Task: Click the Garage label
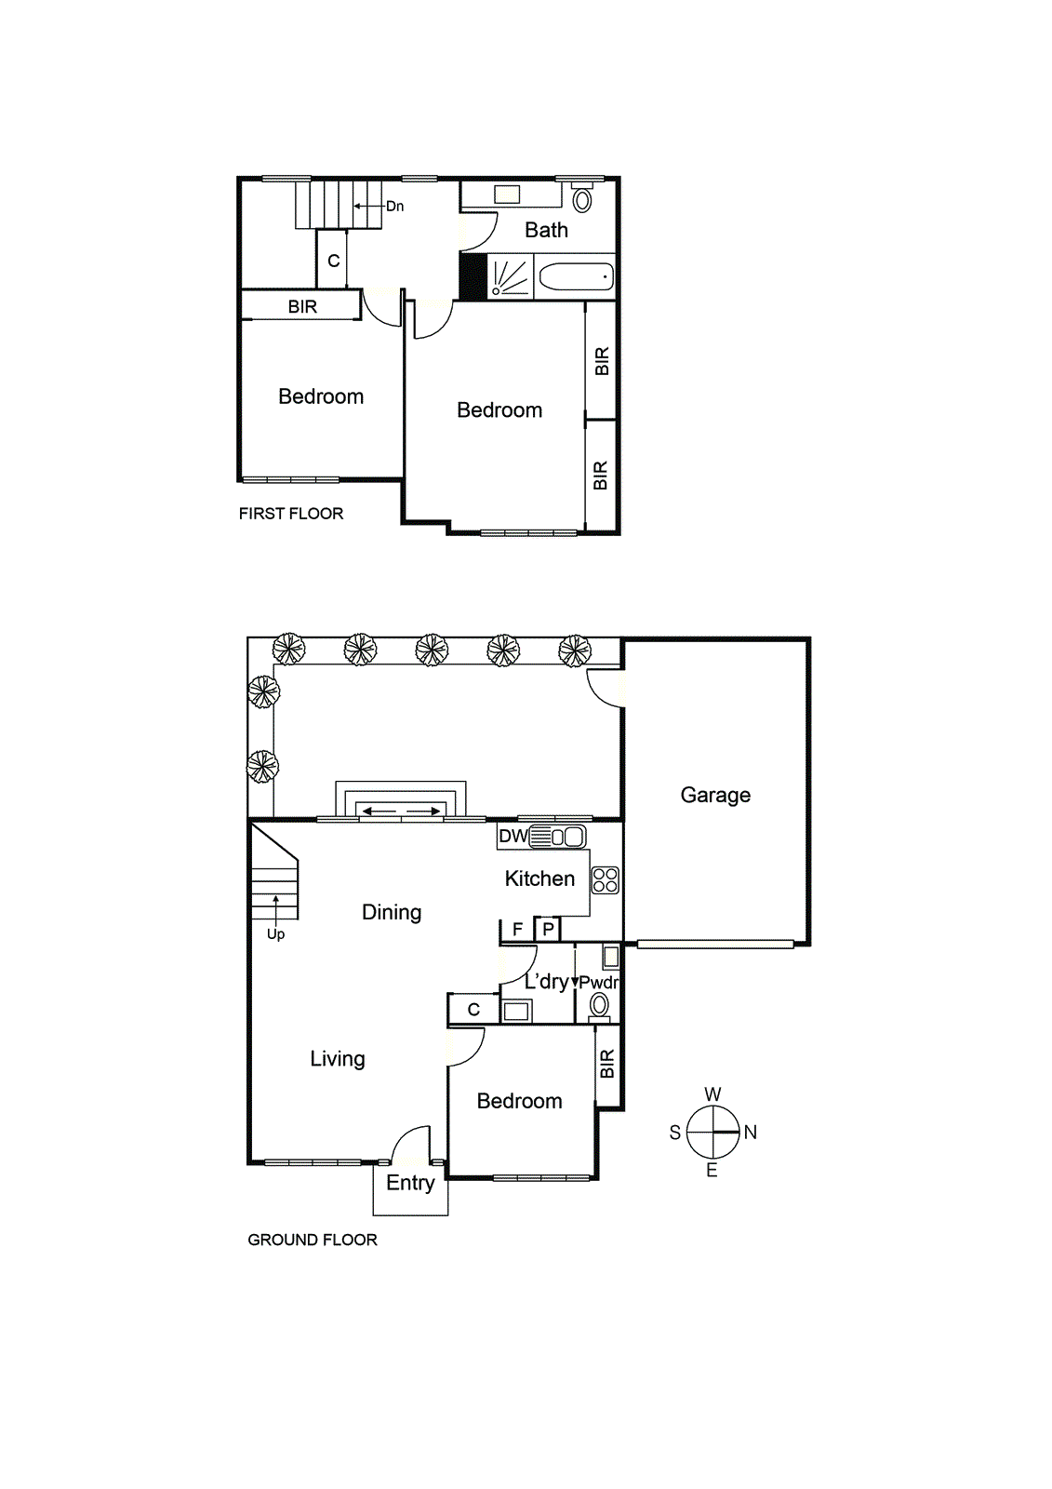coord(715,795)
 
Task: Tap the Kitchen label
coord(539,879)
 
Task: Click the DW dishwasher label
coord(513,836)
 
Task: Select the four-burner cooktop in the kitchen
coord(606,880)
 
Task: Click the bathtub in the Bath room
coord(576,277)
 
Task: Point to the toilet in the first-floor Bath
coord(582,198)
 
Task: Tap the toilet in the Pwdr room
coord(600,1006)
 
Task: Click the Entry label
coord(410,1183)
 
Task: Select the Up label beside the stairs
coord(275,934)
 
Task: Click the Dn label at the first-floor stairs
coord(395,207)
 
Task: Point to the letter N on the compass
coord(751,1133)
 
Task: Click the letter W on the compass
coord(712,1094)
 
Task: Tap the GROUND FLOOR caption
coord(313,1240)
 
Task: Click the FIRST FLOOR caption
coord(291,514)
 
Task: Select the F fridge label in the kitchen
coord(517,930)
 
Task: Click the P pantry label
coord(549,930)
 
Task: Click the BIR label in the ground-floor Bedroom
coord(607,1064)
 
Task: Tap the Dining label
coord(392,912)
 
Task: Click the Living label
coord(338,1059)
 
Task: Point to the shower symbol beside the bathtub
coord(510,277)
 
